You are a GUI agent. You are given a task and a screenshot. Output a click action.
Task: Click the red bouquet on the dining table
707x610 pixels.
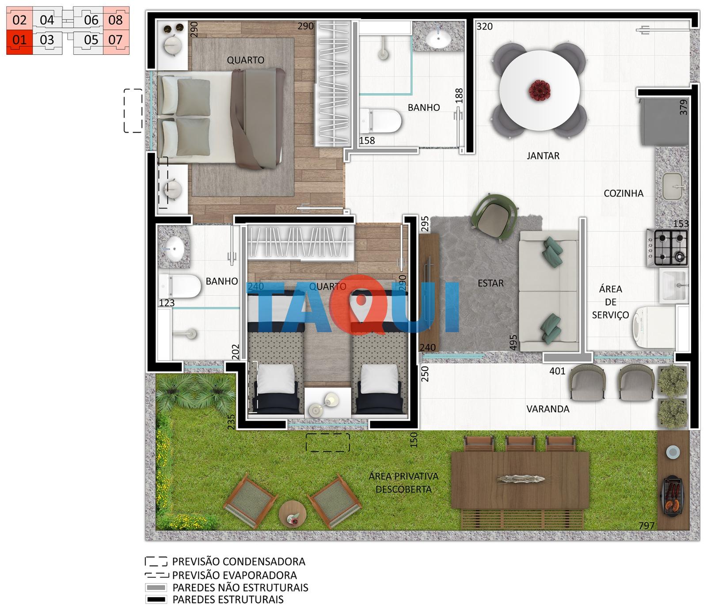click(x=540, y=90)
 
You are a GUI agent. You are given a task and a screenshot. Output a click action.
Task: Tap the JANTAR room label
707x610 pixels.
click(x=543, y=155)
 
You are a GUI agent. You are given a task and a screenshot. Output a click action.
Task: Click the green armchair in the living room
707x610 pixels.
click(x=494, y=217)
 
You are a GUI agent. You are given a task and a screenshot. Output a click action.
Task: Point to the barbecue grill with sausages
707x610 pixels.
click(x=673, y=495)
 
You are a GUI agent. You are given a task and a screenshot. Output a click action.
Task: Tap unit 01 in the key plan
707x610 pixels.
click(x=19, y=40)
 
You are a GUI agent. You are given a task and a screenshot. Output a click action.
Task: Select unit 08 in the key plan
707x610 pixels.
click(x=116, y=19)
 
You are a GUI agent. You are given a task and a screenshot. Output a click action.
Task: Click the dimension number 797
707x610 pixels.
click(x=646, y=526)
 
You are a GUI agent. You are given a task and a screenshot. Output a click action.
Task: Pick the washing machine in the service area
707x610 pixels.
click(x=653, y=327)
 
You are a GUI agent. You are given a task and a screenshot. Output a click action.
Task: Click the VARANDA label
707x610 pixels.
click(x=548, y=409)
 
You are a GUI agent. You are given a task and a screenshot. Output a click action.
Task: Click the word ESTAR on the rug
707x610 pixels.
click(x=490, y=283)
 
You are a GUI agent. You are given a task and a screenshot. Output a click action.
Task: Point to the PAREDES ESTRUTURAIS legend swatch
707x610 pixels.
click(x=156, y=599)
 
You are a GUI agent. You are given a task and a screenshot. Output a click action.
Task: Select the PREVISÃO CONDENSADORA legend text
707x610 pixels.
click(x=239, y=561)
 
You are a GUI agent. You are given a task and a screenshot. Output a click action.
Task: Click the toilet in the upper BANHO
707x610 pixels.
click(x=380, y=121)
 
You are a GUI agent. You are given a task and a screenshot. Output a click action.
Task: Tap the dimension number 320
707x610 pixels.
click(x=484, y=27)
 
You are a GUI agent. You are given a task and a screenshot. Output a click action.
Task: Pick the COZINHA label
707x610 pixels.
click(x=623, y=193)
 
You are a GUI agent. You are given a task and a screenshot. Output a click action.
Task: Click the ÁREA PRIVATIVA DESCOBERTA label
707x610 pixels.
click(x=403, y=483)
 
